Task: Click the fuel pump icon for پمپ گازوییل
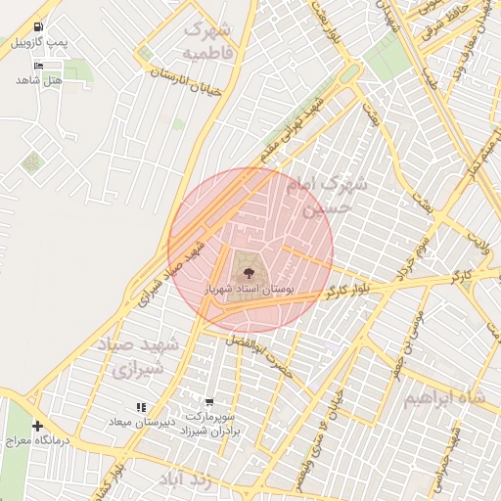pos(37,26)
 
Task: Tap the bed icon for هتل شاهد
pos(38,66)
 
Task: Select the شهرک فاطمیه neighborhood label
pos(208,38)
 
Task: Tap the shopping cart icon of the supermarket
pos(209,401)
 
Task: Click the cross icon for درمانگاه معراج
pos(37,427)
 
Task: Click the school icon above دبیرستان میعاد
pos(141,407)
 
